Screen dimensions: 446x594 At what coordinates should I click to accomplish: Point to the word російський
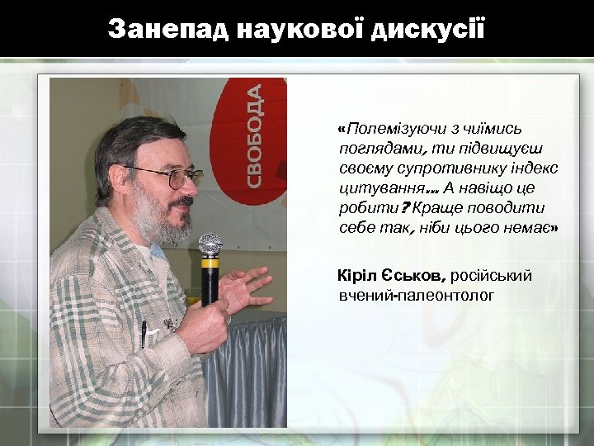[x=493, y=275]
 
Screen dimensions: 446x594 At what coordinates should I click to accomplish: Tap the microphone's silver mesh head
[x=210, y=244]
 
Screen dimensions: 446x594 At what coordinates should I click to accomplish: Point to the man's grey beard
[x=157, y=219]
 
